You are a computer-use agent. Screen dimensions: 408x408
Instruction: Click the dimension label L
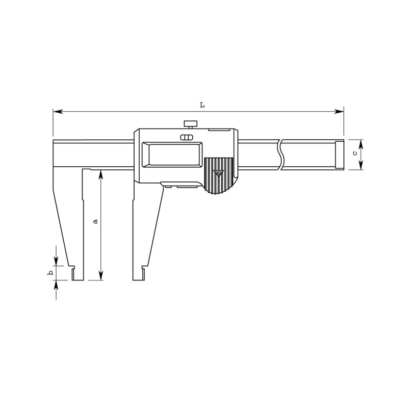tap(202, 105)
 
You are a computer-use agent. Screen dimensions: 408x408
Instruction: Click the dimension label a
tap(95, 221)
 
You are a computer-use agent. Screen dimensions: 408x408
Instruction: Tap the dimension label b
tap(50, 273)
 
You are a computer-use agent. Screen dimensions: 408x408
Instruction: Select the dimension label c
tap(354, 154)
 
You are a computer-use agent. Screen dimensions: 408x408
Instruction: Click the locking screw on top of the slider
tap(190, 124)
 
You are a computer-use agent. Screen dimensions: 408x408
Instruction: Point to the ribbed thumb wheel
tap(218, 176)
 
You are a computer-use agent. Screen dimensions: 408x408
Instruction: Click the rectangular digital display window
tap(172, 155)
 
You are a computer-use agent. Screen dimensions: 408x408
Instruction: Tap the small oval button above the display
tap(187, 137)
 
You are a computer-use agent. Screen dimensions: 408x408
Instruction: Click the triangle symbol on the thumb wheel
tap(218, 173)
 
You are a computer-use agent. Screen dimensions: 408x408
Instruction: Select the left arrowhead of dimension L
tap(58, 111)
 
